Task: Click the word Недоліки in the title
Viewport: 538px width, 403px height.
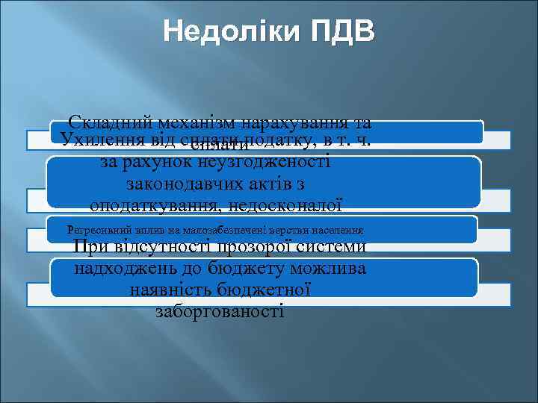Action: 231,34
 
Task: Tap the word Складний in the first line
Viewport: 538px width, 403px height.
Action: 110,122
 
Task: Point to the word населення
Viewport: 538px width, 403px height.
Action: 336,231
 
